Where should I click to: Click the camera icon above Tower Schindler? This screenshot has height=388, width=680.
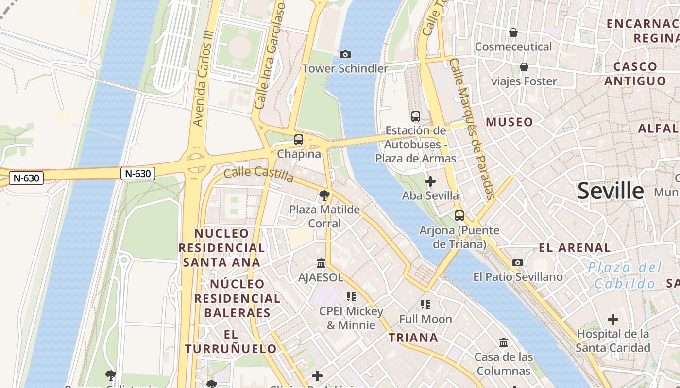(345, 54)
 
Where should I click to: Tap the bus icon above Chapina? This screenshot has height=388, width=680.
(299, 140)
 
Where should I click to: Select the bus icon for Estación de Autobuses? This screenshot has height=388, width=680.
(416, 116)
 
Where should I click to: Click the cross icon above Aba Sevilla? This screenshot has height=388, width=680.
(430, 181)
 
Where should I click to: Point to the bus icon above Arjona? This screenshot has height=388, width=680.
(459, 216)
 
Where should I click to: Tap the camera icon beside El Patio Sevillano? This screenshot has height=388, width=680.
(518, 263)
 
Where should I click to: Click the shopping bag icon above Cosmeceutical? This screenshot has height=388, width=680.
(513, 32)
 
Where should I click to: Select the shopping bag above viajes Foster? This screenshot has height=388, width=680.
(524, 67)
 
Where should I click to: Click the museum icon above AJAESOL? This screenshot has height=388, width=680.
(321, 263)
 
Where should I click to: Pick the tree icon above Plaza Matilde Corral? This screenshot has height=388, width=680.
(324, 195)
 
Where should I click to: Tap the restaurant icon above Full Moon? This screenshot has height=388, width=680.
(425, 305)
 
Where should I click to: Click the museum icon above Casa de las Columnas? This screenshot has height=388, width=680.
(504, 343)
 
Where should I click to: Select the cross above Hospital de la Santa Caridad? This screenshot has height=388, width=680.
(613, 320)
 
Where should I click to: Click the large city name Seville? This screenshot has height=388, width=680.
(611, 191)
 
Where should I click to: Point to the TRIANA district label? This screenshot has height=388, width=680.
(413, 338)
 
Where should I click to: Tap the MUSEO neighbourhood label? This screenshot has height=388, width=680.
(510, 122)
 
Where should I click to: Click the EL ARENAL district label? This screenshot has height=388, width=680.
(575, 248)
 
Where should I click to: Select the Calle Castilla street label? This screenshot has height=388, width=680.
(259, 174)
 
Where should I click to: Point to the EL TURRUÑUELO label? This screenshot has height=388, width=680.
(231, 341)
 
